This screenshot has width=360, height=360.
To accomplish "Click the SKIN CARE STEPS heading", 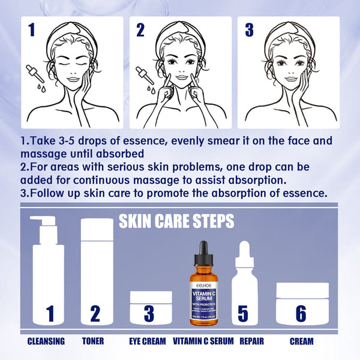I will coord(176,221).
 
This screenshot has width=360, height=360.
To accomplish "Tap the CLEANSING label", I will coord(46,341).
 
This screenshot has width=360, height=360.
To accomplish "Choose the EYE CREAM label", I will coord(147,341).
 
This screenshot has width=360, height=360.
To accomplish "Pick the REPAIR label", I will coord(252,341).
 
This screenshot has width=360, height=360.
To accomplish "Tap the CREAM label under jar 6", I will coord(301,341).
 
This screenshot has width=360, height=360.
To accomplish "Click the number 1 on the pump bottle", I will coord(50,314).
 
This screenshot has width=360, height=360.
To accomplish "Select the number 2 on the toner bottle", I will coord(95,314).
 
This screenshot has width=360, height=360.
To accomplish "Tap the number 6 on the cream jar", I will coord(302,314).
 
